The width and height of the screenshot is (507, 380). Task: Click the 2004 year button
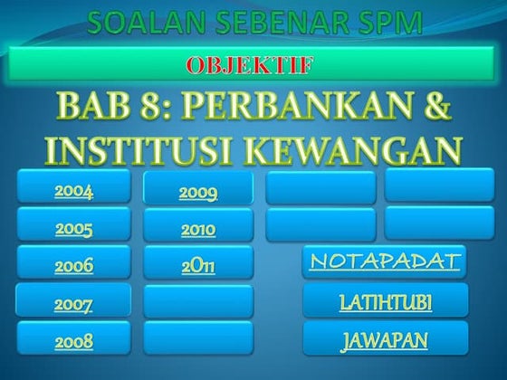(73, 191)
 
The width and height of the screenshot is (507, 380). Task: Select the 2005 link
(73, 229)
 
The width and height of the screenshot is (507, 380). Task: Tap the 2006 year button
(73, 266)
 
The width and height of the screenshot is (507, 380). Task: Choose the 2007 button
(73, 305)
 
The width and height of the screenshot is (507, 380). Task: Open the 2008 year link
(73, 342)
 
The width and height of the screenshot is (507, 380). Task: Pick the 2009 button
(197, 192)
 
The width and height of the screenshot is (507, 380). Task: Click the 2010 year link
(197, 229)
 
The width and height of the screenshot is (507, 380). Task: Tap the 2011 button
(197, 266)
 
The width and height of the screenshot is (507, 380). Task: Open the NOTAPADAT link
(385, 261)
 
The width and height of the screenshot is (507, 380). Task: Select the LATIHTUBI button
(385, 301)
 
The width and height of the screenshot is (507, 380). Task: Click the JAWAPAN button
(385, 340)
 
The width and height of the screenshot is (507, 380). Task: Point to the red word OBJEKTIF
(254, 66)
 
